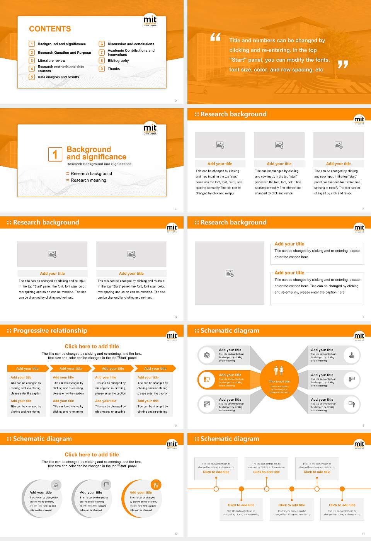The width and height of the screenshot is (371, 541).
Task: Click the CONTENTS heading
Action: point(50,29)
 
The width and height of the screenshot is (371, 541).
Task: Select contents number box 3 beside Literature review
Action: point(32,60)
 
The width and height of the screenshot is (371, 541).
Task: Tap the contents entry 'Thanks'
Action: point(114,69)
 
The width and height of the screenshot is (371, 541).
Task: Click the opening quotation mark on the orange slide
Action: point(215,37)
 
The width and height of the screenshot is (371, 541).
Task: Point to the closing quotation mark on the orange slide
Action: point(343,65)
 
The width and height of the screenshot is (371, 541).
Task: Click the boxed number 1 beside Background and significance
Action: point(55,154)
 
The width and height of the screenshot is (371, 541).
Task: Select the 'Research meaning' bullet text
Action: point(88,180)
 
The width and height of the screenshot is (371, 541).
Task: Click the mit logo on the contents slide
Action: point(150,20)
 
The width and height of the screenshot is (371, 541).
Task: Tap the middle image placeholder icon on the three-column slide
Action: point(279,145)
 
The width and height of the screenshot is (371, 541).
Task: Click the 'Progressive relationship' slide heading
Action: point(50,330)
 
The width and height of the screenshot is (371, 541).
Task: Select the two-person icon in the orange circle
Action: point(279,370)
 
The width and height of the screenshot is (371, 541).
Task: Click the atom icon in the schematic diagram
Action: point(207,355)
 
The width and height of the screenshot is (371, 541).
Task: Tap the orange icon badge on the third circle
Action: point(156,485)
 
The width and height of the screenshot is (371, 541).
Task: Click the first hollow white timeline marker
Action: point(216,489)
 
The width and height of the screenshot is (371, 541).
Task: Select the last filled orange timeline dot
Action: point(342,489)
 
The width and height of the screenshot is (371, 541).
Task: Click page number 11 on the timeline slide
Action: point(363,534)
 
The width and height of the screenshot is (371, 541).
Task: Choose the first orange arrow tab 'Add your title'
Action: point(27,368)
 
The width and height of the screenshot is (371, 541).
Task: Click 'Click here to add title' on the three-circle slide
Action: point(92,454)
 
